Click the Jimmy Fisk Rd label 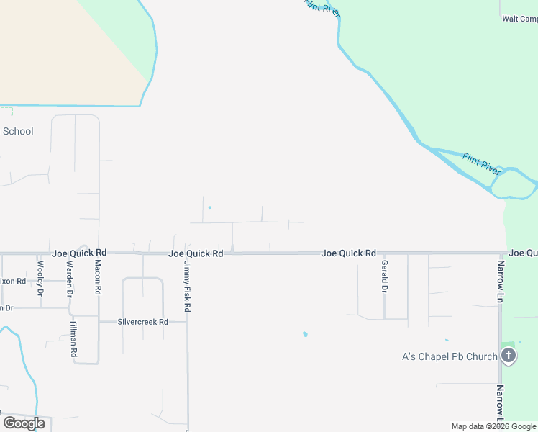click(x=187, y=287)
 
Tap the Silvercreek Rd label click(x=142, y=322)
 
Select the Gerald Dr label click(x=384, y=276)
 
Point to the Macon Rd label click(x=98, y=278)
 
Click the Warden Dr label click(x=70, y=279)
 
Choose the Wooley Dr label click(x=40, y=278)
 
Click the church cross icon click(x=509, y=355)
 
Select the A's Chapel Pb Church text click(x=449, y=356)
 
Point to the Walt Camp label click(x=519, y=19)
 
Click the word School click(x=18, y=131)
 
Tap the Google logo click(x=24, y=423)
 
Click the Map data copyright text click(x=493, y=426)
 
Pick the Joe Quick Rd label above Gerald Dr click(x=348, y=253)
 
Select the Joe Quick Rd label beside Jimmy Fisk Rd click(x=196, y=253)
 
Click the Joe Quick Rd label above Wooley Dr click(x=79, y=253)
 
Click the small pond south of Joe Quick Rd click(x=306, y=334)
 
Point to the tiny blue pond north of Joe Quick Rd click(x=209, y=208)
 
